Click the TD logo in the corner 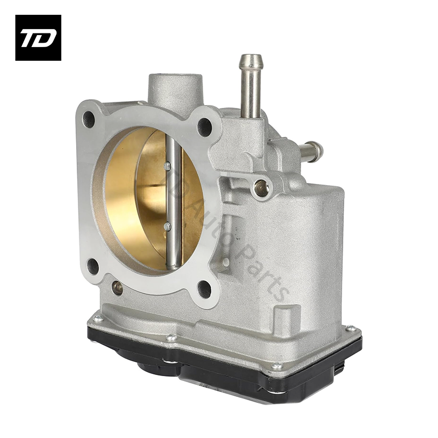38,38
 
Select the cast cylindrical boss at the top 175,90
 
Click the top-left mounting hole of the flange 89,117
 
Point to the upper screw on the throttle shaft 167,165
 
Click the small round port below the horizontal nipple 262,188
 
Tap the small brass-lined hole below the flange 117,286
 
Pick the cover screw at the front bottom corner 277,366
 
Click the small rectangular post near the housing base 282,318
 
